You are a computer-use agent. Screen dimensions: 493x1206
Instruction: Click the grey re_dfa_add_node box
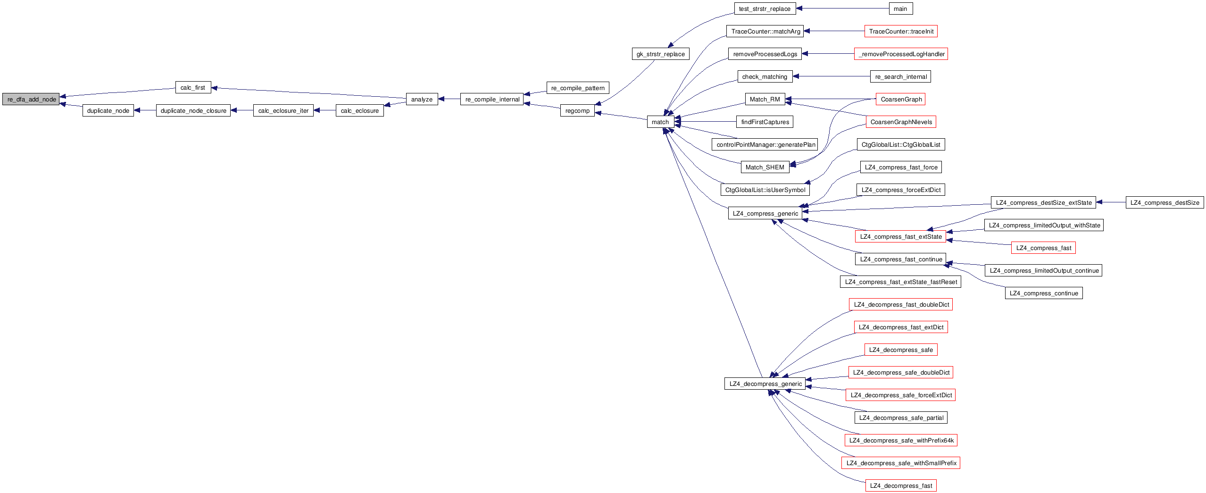(x=31, y=99)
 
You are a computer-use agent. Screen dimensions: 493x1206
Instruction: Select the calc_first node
(x=193, y=87)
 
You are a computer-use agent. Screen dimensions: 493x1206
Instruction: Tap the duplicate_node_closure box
(x=193, y=110)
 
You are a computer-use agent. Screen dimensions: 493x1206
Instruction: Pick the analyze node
(x=422, y=99)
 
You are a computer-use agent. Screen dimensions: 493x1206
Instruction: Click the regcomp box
(x=577, y=110)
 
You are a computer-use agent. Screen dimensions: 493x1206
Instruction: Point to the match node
(x=660, y=122)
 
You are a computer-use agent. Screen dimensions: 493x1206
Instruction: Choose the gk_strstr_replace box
(x=660, y=54)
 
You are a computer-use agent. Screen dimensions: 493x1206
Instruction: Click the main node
(x=900, y=8)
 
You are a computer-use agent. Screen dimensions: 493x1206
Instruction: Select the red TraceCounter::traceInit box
(x=901, y=31)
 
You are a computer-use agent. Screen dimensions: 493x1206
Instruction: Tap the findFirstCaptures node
(x=765, y=122)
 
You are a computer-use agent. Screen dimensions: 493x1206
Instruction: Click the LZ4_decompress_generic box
(x=765, y=384)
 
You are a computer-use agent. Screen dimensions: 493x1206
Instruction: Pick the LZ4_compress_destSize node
(x=1164, y=202)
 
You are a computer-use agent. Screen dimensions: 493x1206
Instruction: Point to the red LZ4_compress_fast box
(x=1043, y=248)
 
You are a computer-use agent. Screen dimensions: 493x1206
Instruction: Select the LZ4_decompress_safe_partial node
(x=901, y=418)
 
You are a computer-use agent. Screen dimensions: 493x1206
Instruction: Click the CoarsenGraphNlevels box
(x=901, y=122)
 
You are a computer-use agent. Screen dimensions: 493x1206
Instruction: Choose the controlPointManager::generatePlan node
(x=765, y=144)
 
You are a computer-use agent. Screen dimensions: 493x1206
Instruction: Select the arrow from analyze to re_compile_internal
(x=449, y=99)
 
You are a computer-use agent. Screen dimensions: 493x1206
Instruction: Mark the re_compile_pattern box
(x=578, y=88)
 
